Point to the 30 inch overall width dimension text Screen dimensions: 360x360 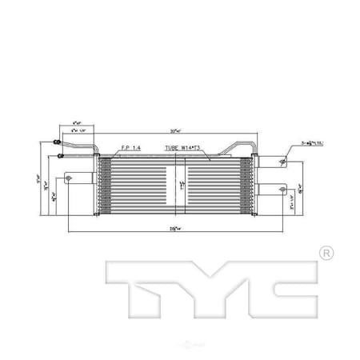pyautogui.click(x=173, y=130)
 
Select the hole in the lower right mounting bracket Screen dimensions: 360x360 pyautogui.click(x=282, y=190)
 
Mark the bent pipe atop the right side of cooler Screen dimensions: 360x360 pyautogui.click(x=240, y=147)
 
